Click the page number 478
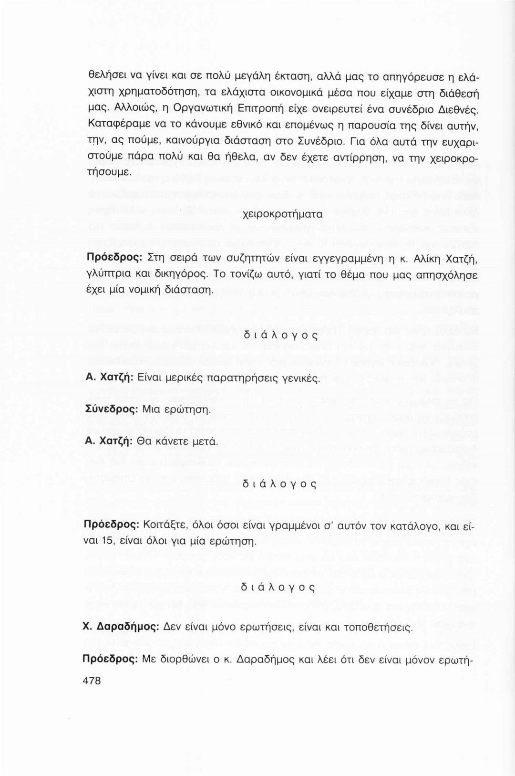[x=93, y=681]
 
